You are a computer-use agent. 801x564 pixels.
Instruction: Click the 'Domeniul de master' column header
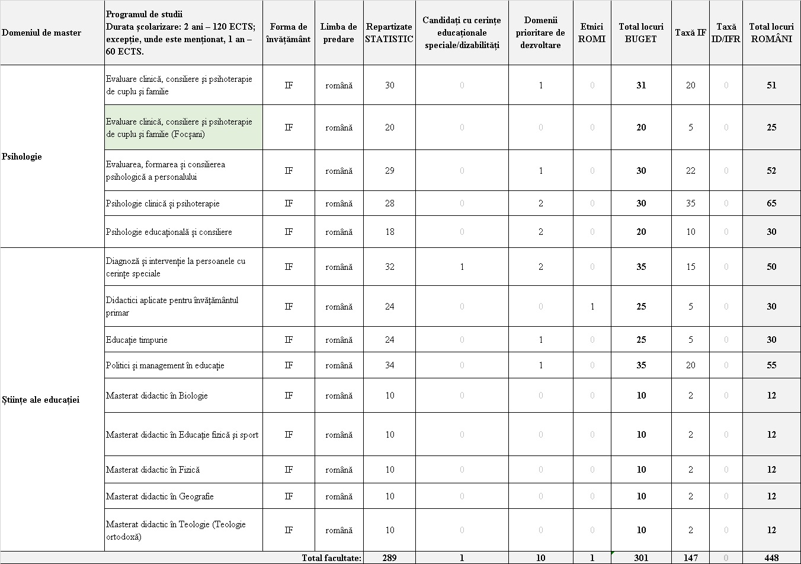coord(41,33)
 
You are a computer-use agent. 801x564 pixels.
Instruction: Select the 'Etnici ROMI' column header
coord(592,33)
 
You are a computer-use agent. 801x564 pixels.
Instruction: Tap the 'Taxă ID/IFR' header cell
coord(726,33)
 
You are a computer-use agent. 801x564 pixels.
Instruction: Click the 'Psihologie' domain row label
coord(22,157)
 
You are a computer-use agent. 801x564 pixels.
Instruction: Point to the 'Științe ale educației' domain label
coord(41,399)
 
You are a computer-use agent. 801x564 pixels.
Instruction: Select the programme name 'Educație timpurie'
coord(137,340)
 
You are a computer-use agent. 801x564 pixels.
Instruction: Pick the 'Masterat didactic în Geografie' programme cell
coord(160,496)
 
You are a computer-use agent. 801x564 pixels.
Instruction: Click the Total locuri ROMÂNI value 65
coord(771,203)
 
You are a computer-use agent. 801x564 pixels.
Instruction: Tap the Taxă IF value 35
coord(690,203)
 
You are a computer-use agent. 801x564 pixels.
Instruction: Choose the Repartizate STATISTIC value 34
coord(389,365)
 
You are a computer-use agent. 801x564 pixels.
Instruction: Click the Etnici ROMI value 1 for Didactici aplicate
coord(592,307)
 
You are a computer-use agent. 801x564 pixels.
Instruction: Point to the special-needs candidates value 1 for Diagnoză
coord(462,267)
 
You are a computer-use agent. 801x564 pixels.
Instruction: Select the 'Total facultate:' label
coord(331,558)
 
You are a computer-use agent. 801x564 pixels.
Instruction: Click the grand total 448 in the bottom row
coord(771,558)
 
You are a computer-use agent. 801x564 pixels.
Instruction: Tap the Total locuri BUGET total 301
coord(641,558)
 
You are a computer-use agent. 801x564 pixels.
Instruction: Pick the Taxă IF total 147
coord(690,558)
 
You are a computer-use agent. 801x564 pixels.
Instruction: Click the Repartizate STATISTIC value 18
coord(389,232)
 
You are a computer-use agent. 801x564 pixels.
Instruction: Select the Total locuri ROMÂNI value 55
coord(771,365)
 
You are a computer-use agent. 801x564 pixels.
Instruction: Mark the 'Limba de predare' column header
coord(339,33)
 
